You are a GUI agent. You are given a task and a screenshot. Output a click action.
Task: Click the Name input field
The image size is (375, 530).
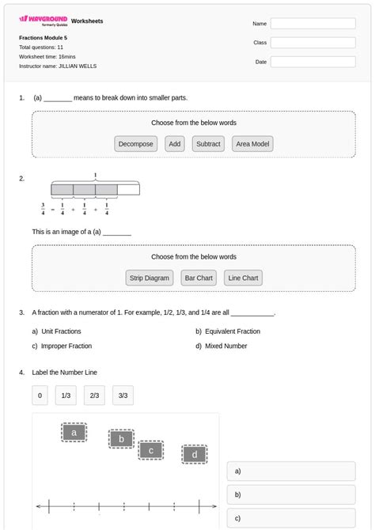pos(312,24)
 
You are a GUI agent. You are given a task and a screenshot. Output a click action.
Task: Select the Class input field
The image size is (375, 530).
pos(312,43)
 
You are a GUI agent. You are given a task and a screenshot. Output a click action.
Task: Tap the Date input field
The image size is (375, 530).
pos(312,62)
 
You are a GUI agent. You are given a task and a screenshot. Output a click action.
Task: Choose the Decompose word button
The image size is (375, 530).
pos(136,144)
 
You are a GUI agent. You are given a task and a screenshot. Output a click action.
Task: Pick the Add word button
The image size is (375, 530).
pos(175,144)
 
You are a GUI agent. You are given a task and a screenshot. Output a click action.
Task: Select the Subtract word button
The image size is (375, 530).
pos(208,144)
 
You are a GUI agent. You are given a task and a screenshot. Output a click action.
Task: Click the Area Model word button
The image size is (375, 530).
pos(253,144)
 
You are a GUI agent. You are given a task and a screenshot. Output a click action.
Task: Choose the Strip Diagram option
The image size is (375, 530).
pos(150,278)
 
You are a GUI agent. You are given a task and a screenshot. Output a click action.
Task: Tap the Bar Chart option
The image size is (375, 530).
pos(199,278)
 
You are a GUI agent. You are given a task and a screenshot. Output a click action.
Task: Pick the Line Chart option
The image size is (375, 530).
pos(243,278)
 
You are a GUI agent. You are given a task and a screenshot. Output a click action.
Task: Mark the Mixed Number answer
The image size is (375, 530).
pos(225,346)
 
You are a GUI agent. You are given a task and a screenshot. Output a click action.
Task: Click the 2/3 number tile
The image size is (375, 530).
pos(94,396)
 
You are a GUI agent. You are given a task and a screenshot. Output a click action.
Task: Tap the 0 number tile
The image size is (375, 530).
pos(40,396)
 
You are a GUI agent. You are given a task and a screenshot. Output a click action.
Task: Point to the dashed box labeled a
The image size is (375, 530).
pos(74,433)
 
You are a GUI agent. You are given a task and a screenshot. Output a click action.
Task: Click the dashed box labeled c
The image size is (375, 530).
pos(150,450)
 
